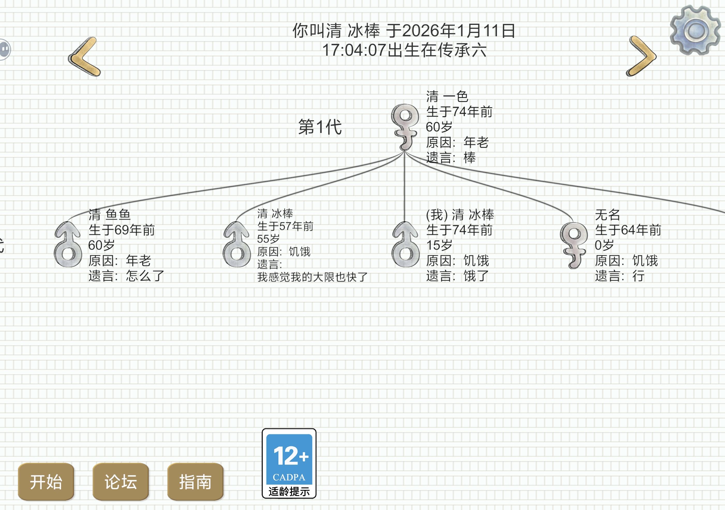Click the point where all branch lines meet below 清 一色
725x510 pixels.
404,152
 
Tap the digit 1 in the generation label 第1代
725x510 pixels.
320,127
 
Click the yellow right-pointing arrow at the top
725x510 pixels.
641,56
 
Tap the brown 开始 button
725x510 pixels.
46,481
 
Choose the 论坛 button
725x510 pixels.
121,481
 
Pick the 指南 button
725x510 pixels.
195,481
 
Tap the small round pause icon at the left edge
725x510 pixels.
4,49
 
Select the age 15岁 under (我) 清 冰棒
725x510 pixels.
439,245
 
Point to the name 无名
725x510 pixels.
607,215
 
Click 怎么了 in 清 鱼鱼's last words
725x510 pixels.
145,276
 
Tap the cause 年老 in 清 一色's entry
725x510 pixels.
476,142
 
